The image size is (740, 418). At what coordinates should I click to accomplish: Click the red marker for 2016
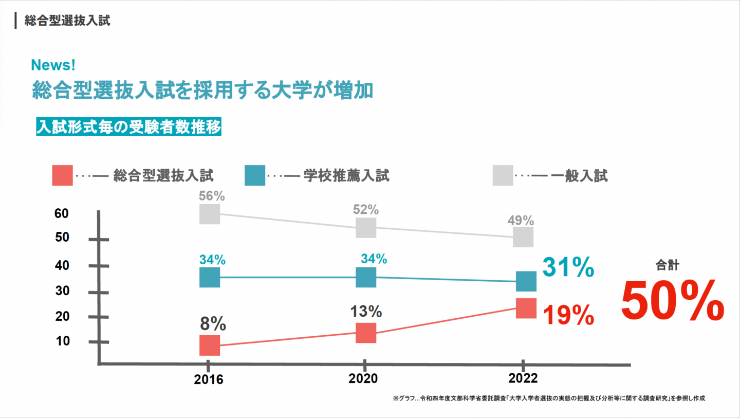coord(210,345)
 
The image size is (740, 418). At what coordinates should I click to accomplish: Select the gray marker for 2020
coord(366,228)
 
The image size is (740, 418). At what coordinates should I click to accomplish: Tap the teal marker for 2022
coord(526,281)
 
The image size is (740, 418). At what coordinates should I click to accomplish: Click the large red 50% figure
coord(672,302)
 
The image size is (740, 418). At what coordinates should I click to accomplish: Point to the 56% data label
coord(212,196)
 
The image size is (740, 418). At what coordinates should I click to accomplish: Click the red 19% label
coord(568,315)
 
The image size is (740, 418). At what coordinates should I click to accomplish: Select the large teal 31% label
coord(568,268)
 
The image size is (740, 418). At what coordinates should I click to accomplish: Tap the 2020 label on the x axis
coord(363,379)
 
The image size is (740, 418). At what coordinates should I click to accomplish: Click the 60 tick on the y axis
coord(62,213)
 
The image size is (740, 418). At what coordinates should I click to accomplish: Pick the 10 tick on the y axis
coord(62,341)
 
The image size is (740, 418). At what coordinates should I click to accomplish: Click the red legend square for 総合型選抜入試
coord(62,175)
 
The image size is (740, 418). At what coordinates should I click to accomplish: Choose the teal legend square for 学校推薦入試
coord(255,175)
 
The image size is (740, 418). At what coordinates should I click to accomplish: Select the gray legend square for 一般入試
coord(503,175)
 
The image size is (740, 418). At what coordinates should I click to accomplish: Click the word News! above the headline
coord(53,65)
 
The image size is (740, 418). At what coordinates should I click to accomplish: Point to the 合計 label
coord(668,265)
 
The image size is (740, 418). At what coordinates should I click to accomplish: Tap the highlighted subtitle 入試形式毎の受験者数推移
coord(128,127)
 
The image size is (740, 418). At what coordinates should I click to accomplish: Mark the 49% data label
coord(521,221)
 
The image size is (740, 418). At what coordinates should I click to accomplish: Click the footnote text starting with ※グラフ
coord(549,398)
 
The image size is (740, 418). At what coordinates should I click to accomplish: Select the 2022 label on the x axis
coord(523,379)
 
